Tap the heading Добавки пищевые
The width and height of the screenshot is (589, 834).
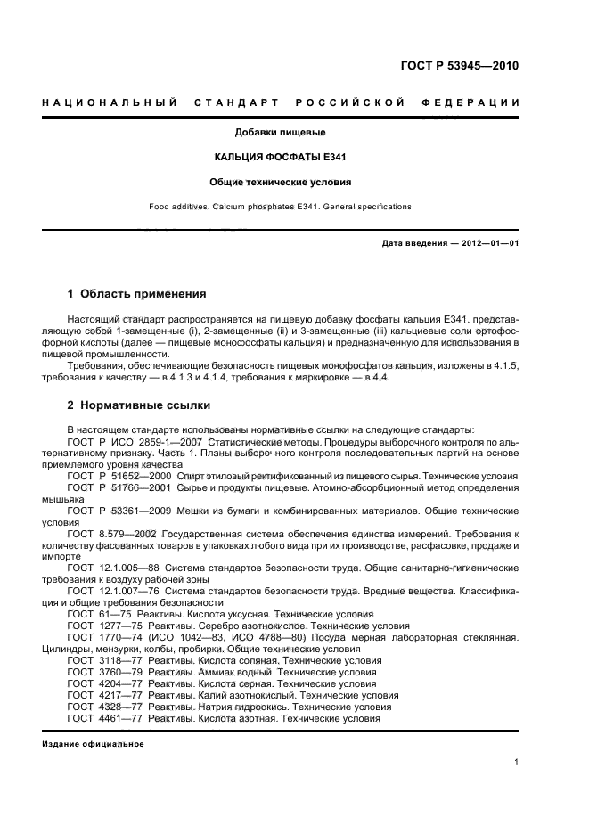(280, 133)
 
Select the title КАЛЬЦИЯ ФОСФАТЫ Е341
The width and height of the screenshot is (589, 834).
(280, 158)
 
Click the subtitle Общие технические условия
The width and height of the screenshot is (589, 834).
(280, 182)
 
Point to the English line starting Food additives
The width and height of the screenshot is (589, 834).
(280, 207)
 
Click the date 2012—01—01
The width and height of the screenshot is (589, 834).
(487, 243)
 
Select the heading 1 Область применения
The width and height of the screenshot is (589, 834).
(137, 293)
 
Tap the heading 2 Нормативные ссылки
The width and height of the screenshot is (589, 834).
(139, 405)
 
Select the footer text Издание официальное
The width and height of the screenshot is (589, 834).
(93, 743)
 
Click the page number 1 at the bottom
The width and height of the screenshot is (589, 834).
(517, 761)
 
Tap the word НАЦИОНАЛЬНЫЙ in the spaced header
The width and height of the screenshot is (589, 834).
(108, 102)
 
